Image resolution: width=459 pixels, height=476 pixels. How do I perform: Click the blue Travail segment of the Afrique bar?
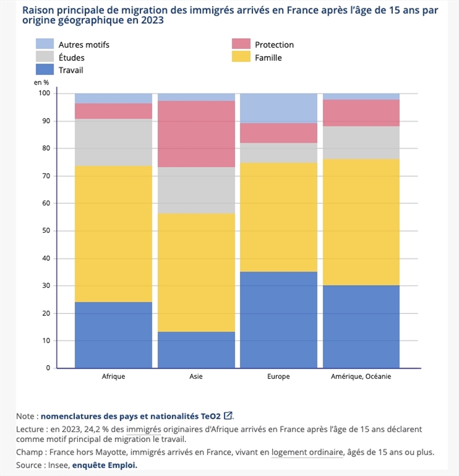113,335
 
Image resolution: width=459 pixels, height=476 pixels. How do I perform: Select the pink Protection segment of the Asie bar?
196,133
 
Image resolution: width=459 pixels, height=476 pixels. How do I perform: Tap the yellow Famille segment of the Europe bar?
279,217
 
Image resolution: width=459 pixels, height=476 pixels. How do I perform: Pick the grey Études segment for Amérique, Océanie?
361,142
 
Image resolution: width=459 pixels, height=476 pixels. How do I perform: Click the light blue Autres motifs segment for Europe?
279,108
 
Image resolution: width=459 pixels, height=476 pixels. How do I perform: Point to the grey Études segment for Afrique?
113,142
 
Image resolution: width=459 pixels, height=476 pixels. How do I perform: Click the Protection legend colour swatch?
241,45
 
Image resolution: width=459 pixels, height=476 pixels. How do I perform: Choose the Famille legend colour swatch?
241,58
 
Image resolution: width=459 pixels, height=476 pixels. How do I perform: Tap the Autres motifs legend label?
84,45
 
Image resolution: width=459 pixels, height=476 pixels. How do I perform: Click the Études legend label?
71,58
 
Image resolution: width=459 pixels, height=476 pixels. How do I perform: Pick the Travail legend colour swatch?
45,70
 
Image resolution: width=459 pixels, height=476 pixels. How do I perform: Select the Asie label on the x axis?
196,377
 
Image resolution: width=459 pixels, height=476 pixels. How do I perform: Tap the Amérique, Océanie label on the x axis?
361,377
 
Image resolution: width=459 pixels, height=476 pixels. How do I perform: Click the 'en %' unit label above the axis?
41,82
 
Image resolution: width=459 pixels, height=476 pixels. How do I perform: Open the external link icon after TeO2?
228,416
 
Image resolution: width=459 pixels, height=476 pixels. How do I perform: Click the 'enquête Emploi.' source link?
104,465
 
